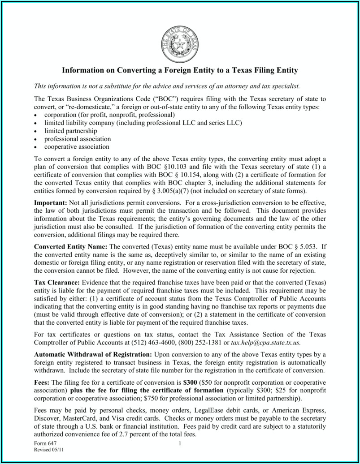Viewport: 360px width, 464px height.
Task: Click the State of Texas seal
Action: point(179,45)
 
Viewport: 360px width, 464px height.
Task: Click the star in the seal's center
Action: point(179,45)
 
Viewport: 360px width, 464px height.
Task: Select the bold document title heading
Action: point(180,70)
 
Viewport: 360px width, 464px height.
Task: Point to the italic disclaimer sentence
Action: point(167,86)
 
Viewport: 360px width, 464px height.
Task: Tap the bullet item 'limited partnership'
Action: point(70,131)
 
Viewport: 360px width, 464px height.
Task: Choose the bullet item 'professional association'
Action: point(77,139)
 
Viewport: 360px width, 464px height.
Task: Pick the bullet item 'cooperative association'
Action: point(77,146)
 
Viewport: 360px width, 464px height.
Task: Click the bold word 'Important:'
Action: point(51,203)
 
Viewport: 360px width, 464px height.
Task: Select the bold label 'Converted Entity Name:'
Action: point(71,246)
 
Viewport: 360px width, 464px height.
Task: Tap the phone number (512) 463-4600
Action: point(152,342)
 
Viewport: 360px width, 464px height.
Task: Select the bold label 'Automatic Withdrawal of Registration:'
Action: point(93,354)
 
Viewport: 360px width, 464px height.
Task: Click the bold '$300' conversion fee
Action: point(190,382)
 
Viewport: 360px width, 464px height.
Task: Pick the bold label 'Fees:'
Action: point(43,382)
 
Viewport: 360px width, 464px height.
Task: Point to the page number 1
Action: point(180,444)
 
